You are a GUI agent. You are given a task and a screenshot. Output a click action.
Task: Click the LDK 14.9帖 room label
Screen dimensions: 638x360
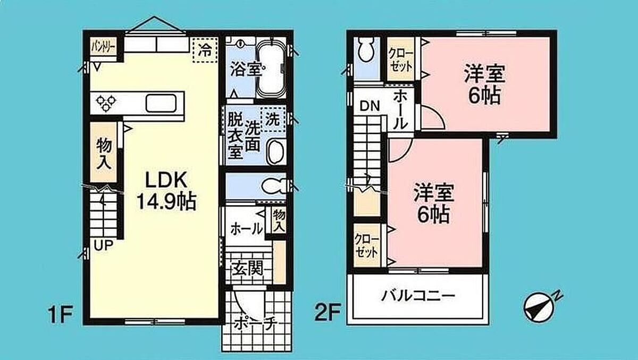(166, 191)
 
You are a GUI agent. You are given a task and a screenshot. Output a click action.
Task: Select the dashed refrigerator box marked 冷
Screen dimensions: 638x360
(205, 50)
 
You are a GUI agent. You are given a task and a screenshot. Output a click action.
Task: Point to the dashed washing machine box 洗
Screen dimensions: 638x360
(273, 119)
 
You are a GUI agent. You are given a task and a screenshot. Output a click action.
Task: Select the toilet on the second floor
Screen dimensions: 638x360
(366, 50)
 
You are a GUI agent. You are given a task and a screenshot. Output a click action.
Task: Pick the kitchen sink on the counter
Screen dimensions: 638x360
(161, 104)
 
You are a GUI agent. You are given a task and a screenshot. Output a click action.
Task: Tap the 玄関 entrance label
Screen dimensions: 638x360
(247, 268)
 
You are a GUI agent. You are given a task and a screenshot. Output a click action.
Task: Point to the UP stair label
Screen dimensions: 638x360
(104, 245)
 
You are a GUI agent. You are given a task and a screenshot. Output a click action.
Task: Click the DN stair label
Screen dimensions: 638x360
(370, 106)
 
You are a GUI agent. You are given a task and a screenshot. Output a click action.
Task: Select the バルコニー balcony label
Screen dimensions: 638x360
(418, 296)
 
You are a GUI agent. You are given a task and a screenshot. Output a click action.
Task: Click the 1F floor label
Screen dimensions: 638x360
(61, 314)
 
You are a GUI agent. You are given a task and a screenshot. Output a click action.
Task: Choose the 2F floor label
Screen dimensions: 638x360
(328, 312)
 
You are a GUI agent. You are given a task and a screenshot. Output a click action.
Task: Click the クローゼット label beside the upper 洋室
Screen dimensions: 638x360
(401, 61)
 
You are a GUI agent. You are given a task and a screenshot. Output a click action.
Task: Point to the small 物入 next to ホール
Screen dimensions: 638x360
(279, 221)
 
